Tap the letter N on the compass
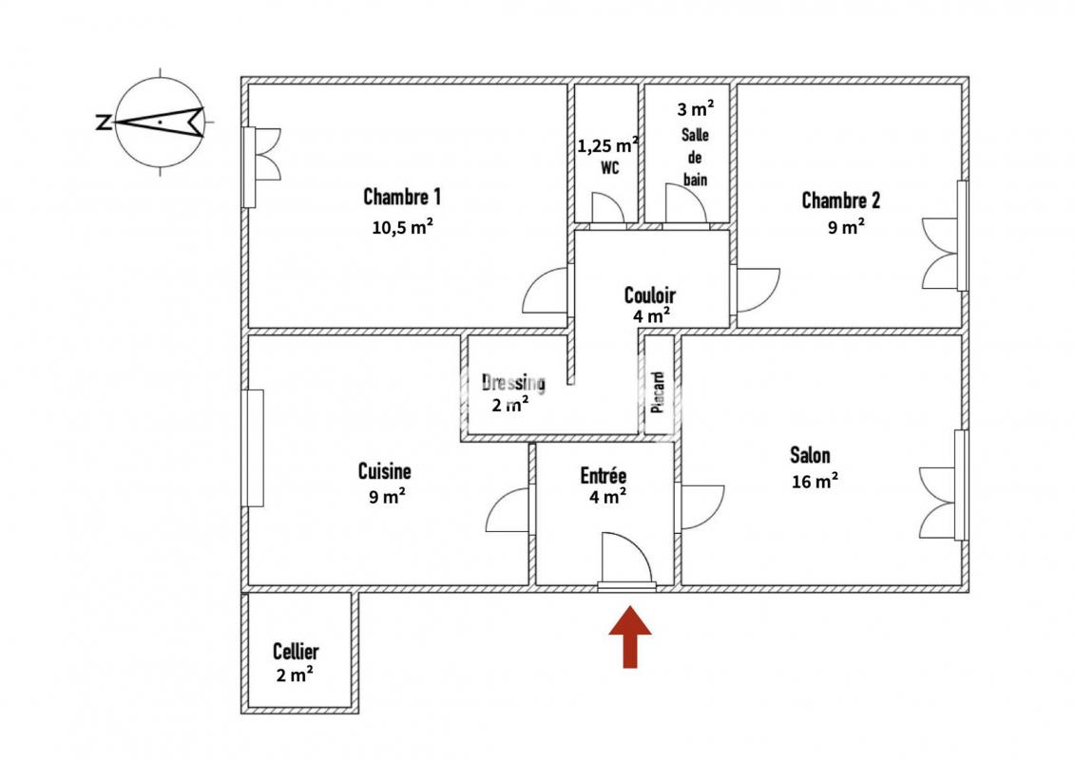(103, 123)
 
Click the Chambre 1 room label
(402, 198)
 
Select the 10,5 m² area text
(402, 227)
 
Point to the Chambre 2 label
(840, 200)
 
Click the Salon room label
(810, 455)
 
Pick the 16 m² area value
(815, 481)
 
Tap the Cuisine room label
(385, 471)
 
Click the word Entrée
(604, 476)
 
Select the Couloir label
(650, 295)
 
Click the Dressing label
(513, 383)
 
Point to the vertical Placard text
(658, 392)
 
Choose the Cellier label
(296, 651)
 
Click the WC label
(609, 167)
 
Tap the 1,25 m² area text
(608, 146)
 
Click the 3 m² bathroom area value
(696, 108)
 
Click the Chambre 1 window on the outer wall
(249, 166)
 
